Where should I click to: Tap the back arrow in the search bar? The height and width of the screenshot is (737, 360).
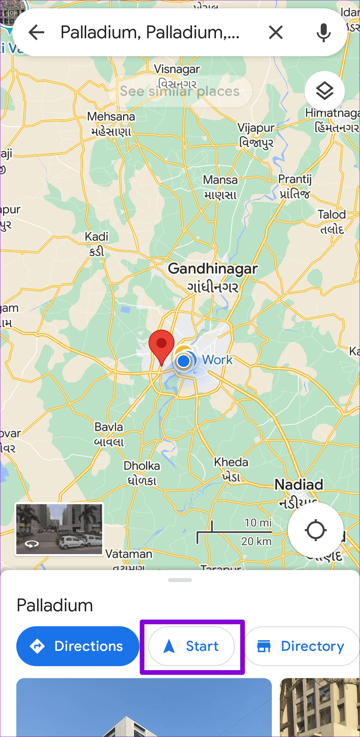click(x=37, y=32)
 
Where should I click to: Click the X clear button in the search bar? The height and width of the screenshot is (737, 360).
click(x=276, y=32)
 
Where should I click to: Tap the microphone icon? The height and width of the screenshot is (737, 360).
click(x=323, y=32)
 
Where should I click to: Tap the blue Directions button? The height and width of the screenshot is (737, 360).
click(x=78, y=646)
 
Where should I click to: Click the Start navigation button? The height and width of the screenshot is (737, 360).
click(x=192, y=646)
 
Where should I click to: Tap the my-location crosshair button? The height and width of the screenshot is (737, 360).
click(x=315, y=530)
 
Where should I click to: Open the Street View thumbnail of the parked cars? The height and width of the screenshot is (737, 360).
click(x=59, y=529)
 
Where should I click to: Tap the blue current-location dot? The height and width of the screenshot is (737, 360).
click(x=183, y=361)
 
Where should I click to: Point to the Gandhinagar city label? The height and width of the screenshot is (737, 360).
click(x=213, y=269)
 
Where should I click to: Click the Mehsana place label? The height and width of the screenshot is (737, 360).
click(x=111, y=117)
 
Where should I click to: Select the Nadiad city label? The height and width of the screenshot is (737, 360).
click(x=299, y=485)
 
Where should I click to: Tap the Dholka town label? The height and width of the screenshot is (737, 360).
click(x=142, y=466)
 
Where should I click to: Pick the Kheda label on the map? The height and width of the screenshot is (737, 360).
click(x=231, y=462)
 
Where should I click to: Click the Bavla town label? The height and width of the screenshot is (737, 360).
click(x=109, y=427)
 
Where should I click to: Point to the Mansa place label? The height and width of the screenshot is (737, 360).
click(x=220, y=180)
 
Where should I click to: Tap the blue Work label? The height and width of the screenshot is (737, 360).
click(x=218, y=360)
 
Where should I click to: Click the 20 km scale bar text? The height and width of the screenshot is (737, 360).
click(x=256, y=541)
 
